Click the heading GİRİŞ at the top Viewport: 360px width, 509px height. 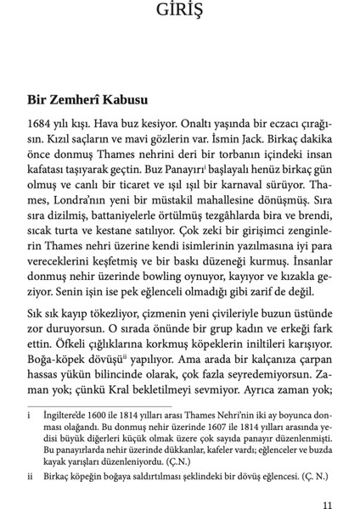pos(179,12)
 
